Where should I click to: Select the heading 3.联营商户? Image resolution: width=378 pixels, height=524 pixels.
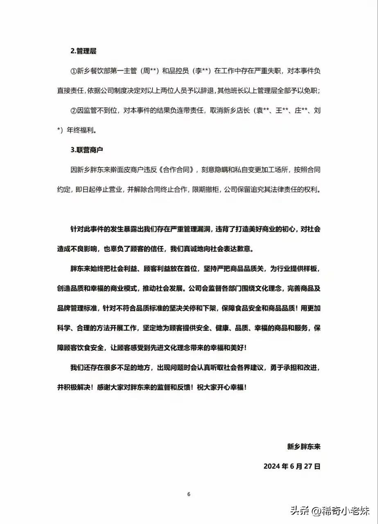(86, 150)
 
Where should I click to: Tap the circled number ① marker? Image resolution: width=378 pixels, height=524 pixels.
(74, 71)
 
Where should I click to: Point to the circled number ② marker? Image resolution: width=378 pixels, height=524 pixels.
(74, 111)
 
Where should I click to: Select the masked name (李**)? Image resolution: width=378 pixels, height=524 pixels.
(199, 71)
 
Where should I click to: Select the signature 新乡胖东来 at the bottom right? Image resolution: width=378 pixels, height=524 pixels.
(303, 446)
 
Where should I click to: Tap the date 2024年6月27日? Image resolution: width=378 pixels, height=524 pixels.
(292, 466)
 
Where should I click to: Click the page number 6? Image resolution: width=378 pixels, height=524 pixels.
(189, 494)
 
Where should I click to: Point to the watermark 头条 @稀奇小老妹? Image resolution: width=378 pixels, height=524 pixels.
(329, 510)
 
